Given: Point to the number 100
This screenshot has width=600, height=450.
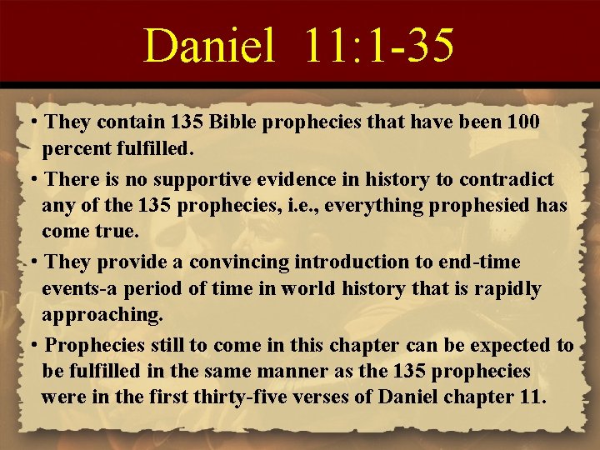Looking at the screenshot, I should [522, 122].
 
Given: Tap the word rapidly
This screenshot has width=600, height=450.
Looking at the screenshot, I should [510, 289].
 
